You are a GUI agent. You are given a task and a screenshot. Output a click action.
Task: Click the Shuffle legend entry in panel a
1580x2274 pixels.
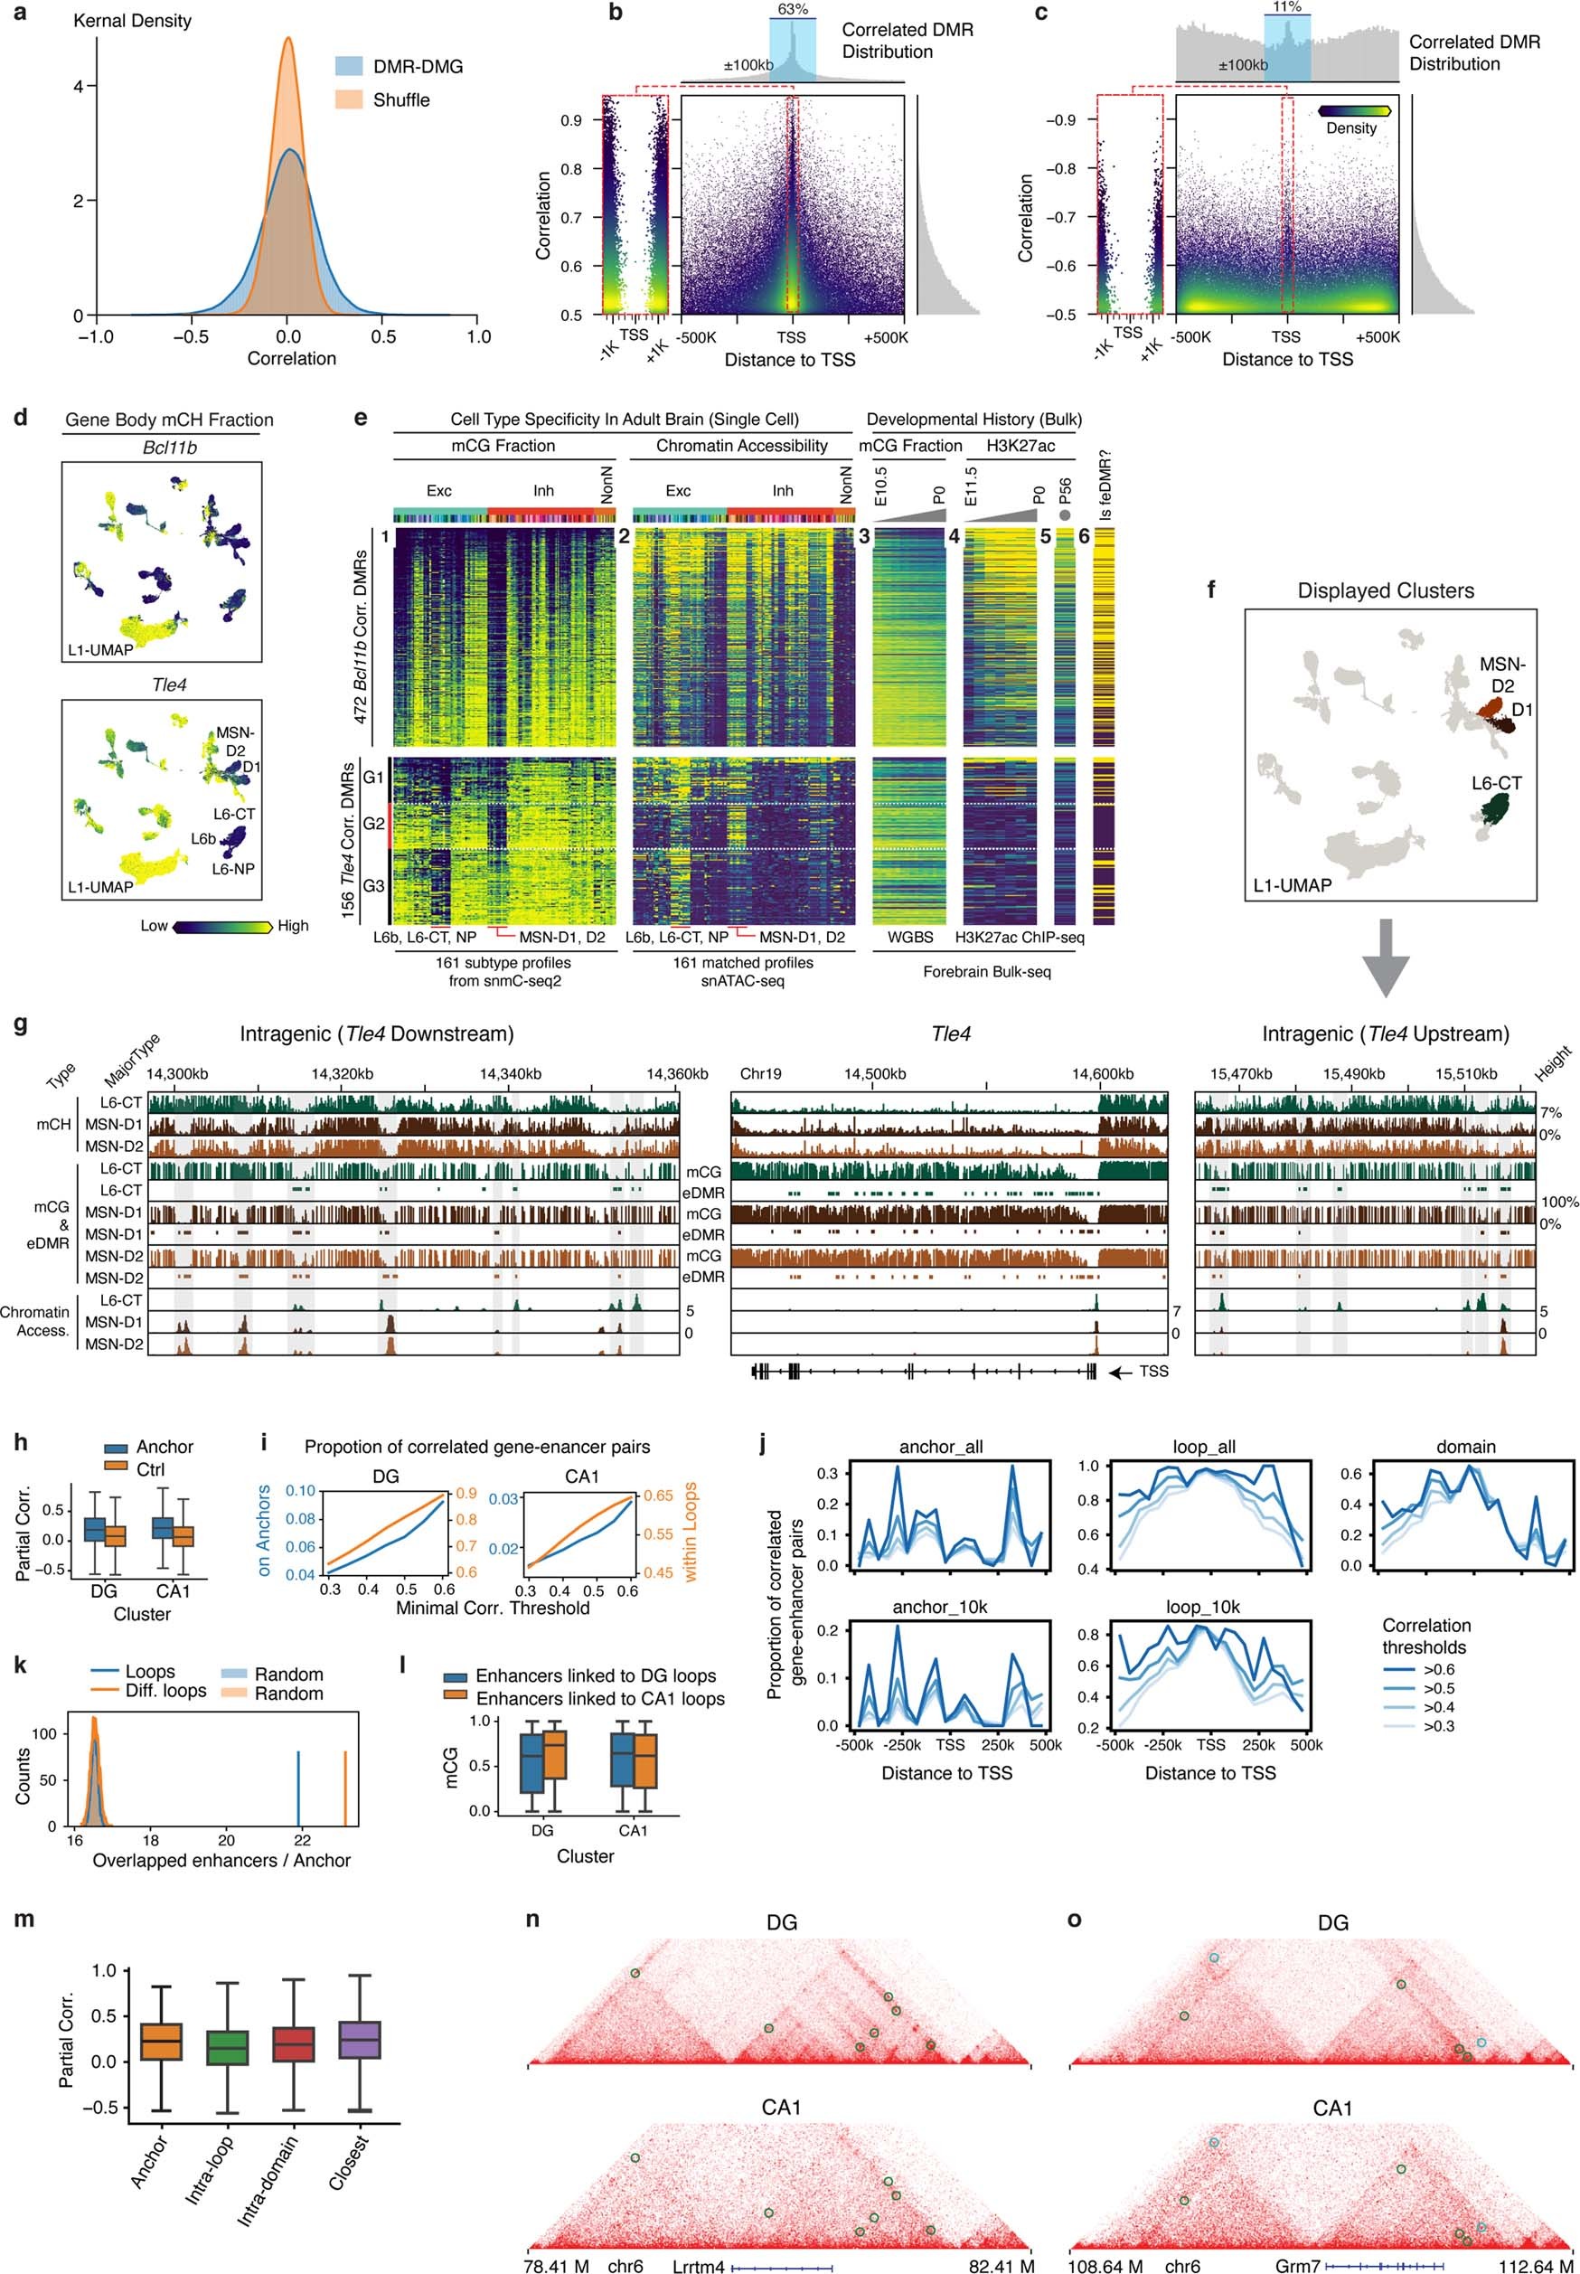(401, 100)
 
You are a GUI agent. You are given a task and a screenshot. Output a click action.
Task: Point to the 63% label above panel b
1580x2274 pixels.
(793, 9)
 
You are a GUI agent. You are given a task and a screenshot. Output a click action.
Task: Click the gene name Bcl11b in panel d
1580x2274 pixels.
(169, 448)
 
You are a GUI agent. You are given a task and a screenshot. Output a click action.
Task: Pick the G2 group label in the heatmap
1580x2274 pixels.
(373, 824)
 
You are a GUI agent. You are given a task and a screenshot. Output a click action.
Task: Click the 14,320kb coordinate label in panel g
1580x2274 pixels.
(342, 1074)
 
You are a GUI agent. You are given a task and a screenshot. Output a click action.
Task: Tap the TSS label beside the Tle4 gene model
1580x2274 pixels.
(1153, 1373)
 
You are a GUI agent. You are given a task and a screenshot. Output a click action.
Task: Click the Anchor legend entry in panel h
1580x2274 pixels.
(165, 1447)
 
